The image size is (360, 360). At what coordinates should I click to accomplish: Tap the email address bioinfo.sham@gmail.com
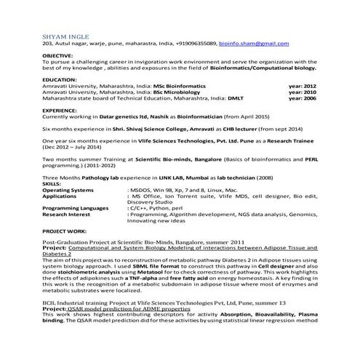[x=258, y=44]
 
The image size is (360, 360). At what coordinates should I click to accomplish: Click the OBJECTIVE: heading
[x=58, y=55]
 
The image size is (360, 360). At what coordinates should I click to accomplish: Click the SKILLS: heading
[x=52, y=184]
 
